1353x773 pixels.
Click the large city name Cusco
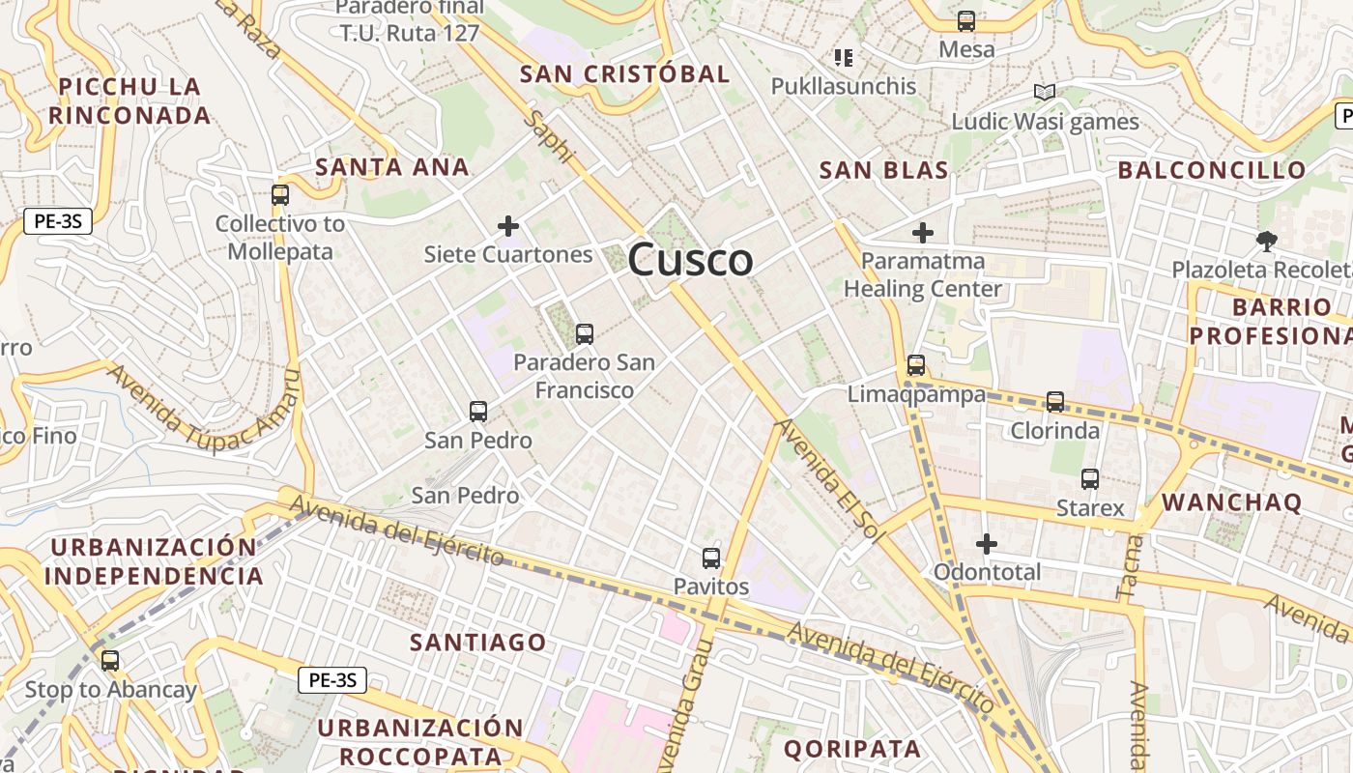click(x=690, y=260)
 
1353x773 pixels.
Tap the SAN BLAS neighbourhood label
click(x=883, y=171)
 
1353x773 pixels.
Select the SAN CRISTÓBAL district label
click(x=624, y=74)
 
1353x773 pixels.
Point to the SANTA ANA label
click(x=392, y=167)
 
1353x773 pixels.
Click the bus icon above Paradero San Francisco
click(x=584, y=334)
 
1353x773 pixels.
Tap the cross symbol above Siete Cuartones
click(x=508, y=226)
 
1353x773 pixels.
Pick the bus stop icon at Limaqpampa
click(x=916, y=365)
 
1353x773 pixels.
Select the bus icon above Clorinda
click(x=1055, y=401)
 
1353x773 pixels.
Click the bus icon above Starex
click(x=1090, y=478)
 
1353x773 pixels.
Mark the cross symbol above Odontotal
click(x=987, y=544)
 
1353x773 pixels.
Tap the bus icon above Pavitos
click(x=711, y=558)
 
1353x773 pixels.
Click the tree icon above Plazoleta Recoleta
click(x=1266, y=241)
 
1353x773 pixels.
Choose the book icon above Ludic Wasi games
click(x=1044, y=93)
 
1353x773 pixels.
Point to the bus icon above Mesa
click(x=966, y=20)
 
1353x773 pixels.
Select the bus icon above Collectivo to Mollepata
click(x=280, y=194)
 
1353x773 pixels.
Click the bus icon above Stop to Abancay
click(x=110, y=661)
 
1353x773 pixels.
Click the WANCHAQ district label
click(x=1231, y=502)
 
